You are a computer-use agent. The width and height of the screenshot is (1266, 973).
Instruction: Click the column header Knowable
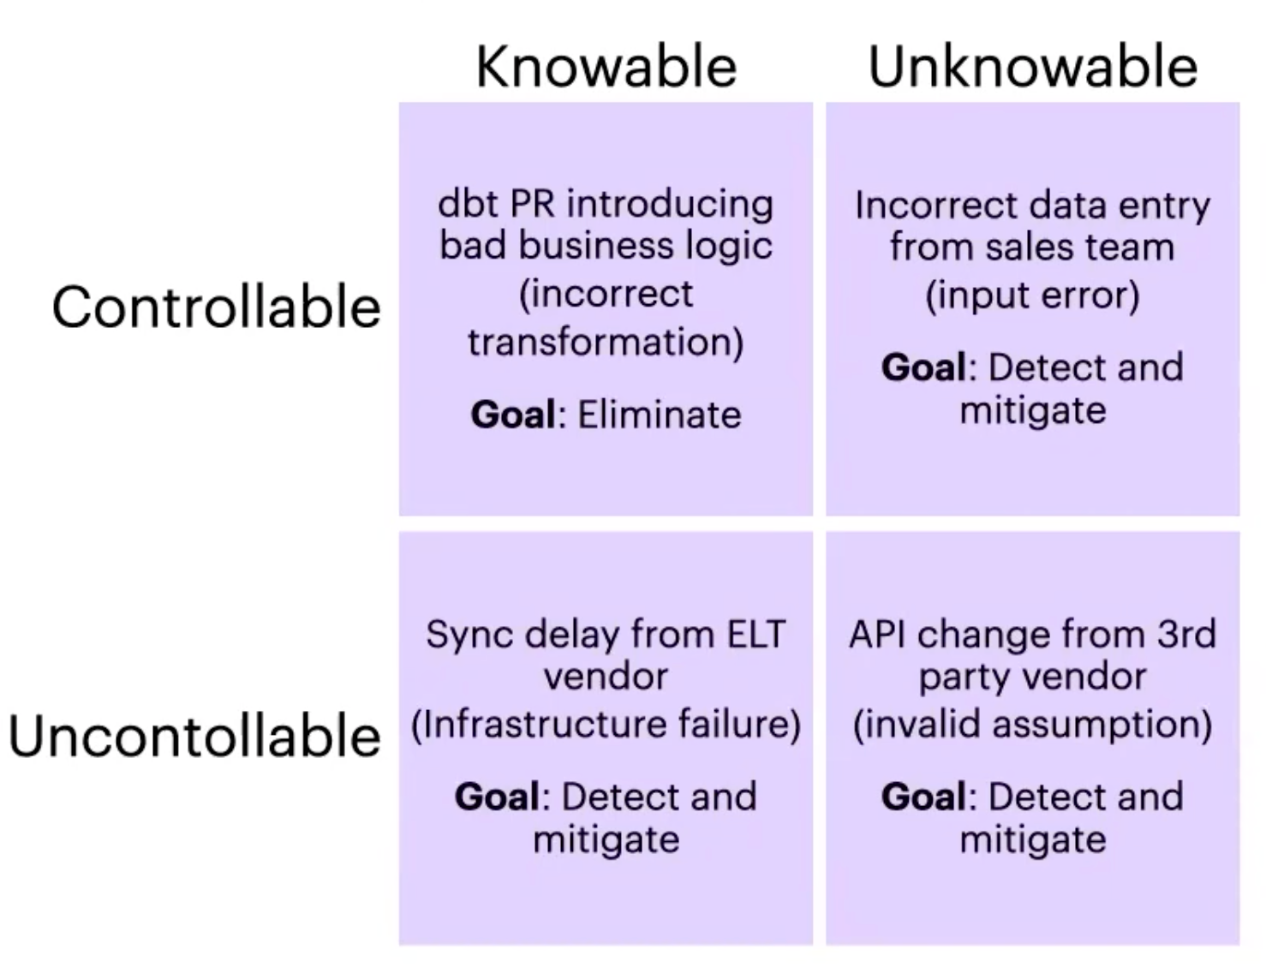click(606, 67)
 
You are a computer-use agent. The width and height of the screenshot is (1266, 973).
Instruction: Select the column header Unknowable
click(1032, 67)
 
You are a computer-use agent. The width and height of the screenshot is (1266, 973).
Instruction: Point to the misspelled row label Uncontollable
click(194, 737)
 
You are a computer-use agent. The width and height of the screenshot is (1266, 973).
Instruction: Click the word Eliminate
click(659, 415)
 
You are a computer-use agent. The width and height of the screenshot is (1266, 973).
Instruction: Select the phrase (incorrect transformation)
click(606, 318)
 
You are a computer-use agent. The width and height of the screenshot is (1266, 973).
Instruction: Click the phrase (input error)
click(1032, 295)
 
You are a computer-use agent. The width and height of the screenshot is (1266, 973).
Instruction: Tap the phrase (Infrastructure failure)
click(606, 725)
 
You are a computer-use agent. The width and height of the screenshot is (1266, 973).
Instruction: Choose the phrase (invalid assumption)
click(1032, 725)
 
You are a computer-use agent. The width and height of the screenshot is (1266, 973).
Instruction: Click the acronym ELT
click(755, 635)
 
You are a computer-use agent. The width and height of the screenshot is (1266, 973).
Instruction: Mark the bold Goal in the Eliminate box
click(513, 415)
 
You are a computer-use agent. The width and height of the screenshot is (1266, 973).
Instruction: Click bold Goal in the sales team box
click(923, 367)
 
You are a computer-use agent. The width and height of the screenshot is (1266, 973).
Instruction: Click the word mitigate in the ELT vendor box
click(606, 839)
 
